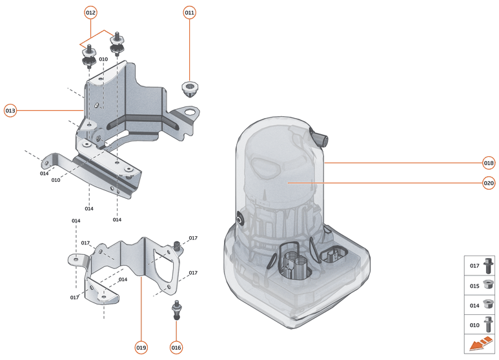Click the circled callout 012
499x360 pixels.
90,13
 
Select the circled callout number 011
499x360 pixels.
189,13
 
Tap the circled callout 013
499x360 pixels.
10,110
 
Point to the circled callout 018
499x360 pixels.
489,162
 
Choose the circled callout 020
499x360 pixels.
489,183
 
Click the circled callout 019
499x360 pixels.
141,347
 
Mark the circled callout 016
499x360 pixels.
176,347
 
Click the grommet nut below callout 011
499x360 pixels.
188,89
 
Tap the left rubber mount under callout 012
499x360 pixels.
89,57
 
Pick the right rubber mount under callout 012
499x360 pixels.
117,45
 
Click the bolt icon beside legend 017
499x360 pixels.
489,265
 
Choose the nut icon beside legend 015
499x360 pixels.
489,285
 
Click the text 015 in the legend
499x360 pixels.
474,285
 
